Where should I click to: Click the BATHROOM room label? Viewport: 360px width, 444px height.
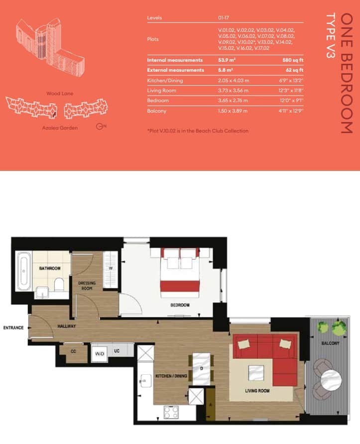tap(50, 269)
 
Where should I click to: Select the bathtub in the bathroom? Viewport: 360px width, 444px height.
tap(23, 273)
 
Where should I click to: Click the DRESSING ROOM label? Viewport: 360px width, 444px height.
tap(87, 285)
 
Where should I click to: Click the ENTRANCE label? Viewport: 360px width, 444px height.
tap(14, 327)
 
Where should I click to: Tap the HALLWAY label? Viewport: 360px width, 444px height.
tap(66, 326)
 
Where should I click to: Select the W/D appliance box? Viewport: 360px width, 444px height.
tap(100, 353)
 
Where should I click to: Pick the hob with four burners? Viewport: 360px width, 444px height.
tap(172, 412)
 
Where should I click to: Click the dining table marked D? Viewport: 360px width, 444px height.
tap(202, 369)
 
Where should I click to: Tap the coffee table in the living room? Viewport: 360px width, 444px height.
tap(256, 372)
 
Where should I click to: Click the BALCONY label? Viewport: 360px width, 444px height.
tap(330, 344)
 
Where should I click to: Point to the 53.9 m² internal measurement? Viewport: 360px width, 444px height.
tap(227, 60)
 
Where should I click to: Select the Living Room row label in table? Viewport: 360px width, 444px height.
tap(162, 91)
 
